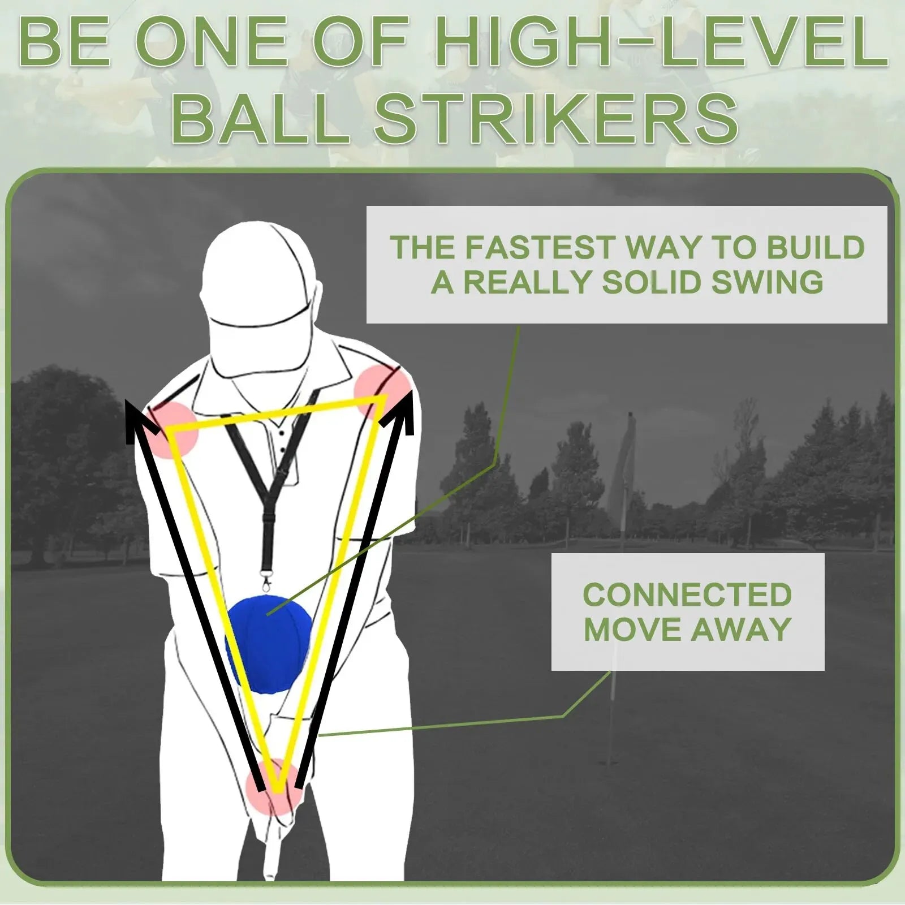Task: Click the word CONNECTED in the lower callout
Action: [x=687, y=594]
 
